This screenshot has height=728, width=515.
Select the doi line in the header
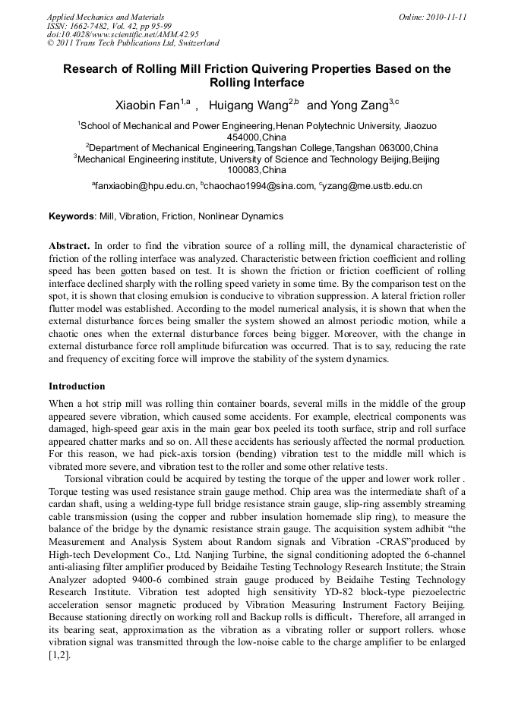[x=122, y=34]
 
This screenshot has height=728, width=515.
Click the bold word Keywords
[x=72, y=216]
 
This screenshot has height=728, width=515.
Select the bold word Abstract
[x=69, y=246]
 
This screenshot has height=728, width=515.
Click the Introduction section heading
[x=77, y=386]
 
